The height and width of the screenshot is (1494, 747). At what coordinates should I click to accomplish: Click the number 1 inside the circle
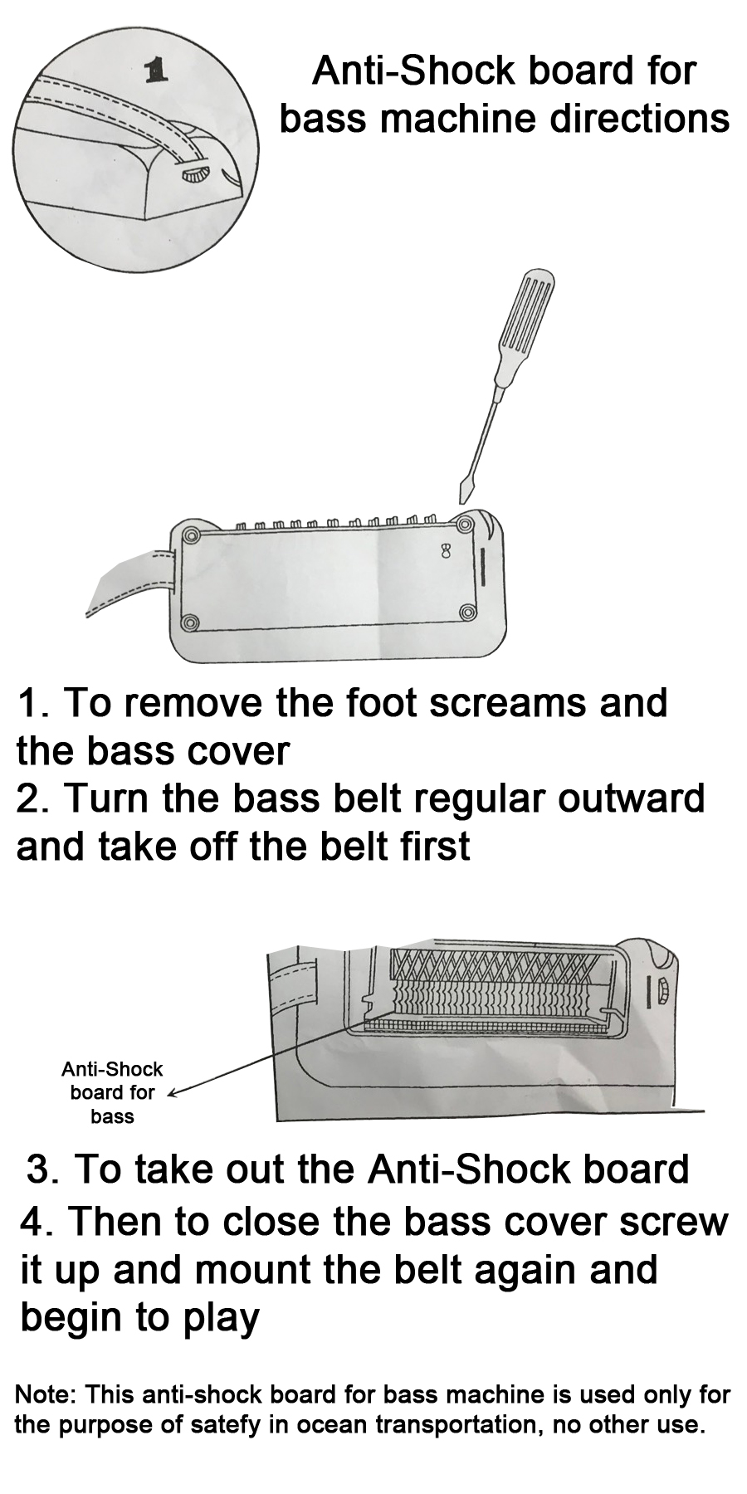156,72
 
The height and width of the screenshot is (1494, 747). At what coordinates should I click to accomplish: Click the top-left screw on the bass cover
191,534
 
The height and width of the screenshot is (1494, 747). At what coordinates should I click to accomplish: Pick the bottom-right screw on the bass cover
467,613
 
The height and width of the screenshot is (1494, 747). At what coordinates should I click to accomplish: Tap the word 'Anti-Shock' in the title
413,71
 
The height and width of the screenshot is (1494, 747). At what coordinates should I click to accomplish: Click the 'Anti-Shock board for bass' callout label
113,1092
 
